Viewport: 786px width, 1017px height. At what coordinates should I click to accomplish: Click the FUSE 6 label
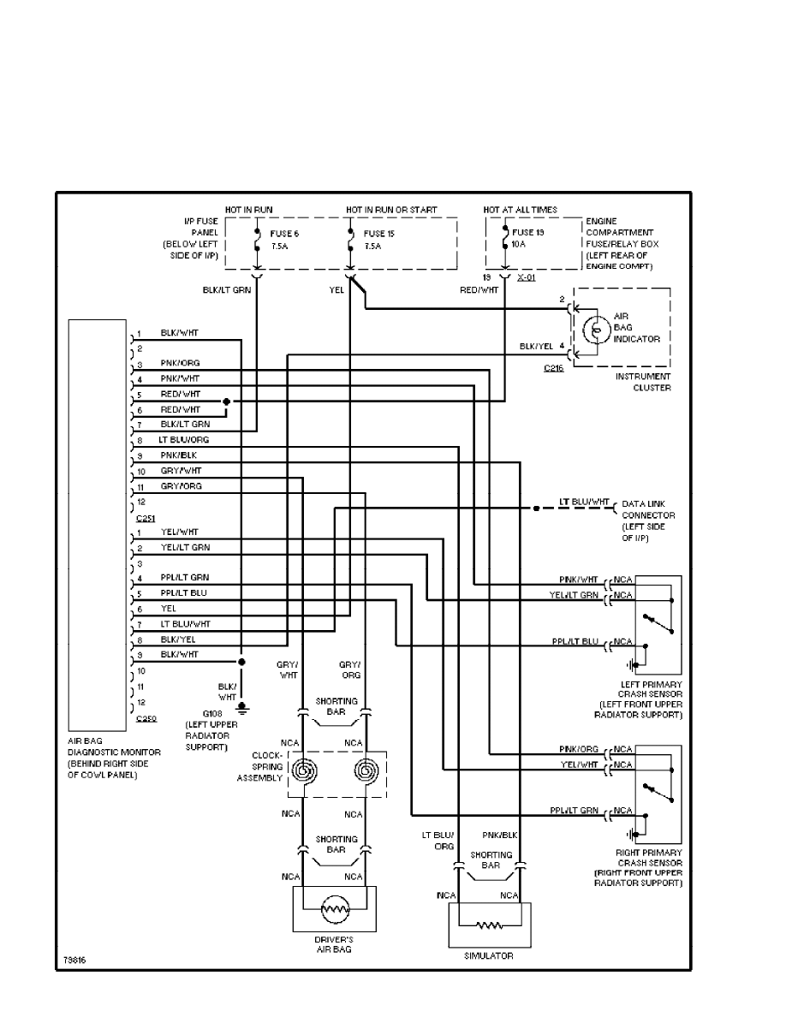286,233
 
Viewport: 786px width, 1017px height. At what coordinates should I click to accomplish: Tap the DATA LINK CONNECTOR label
648,509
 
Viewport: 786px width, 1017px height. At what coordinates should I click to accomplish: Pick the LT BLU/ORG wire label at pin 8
184,439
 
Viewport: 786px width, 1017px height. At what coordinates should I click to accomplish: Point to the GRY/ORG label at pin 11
181,485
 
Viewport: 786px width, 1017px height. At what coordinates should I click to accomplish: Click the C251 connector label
146,518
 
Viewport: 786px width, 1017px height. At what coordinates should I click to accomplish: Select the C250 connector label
146,718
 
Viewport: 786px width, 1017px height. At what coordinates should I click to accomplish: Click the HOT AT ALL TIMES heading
520,210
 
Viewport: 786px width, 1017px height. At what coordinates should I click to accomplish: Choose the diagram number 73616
74,958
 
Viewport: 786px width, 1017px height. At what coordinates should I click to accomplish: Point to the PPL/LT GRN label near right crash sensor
578,810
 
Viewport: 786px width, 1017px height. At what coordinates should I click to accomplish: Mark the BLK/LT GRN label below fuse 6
225,290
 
